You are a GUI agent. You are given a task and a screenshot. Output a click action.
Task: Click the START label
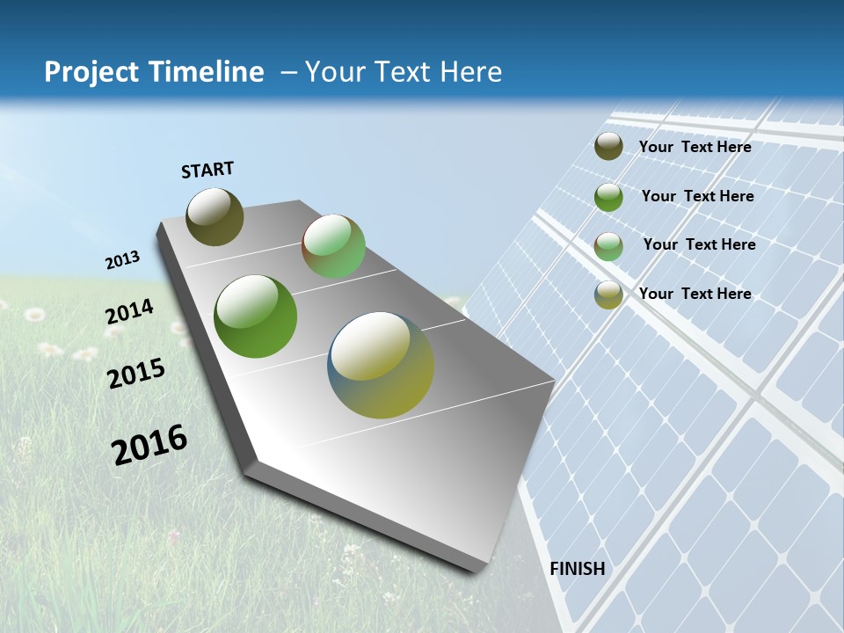click(207, 170)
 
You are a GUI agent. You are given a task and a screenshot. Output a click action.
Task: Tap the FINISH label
click(578, 569)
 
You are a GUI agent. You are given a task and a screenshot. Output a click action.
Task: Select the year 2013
click(122, 260)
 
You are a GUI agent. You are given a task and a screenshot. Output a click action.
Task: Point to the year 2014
click(129, 312)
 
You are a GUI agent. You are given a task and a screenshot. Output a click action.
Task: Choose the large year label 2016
click(149, 445)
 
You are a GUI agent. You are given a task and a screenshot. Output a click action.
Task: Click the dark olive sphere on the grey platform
click(215, 216)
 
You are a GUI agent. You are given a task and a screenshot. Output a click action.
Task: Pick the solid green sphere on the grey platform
click(255, 316)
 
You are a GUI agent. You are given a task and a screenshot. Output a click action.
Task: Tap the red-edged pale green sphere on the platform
click(333, 246)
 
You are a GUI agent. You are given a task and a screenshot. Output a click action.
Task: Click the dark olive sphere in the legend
click(608, 147)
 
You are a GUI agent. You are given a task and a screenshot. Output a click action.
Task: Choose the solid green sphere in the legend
click(608, 197)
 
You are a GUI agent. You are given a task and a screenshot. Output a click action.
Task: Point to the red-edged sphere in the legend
click(608, 246)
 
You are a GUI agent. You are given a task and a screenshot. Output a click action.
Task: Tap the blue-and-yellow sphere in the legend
click(608, 295)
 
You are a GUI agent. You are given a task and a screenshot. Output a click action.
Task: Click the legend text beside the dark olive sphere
click(695, 147)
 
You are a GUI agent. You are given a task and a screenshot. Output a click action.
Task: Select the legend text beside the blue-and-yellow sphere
click(695, 294)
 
